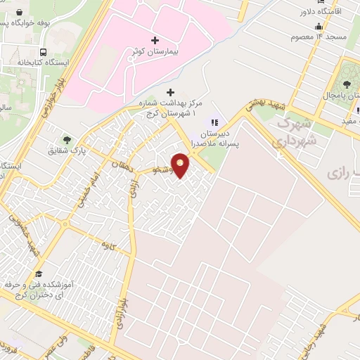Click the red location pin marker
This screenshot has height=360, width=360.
181,165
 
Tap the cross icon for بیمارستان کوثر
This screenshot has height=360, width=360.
155,40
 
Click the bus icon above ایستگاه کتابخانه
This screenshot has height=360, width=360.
44,53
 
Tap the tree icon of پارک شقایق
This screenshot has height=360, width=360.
67,140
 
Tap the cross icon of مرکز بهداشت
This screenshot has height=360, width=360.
169,92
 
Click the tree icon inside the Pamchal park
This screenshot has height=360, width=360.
347,85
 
